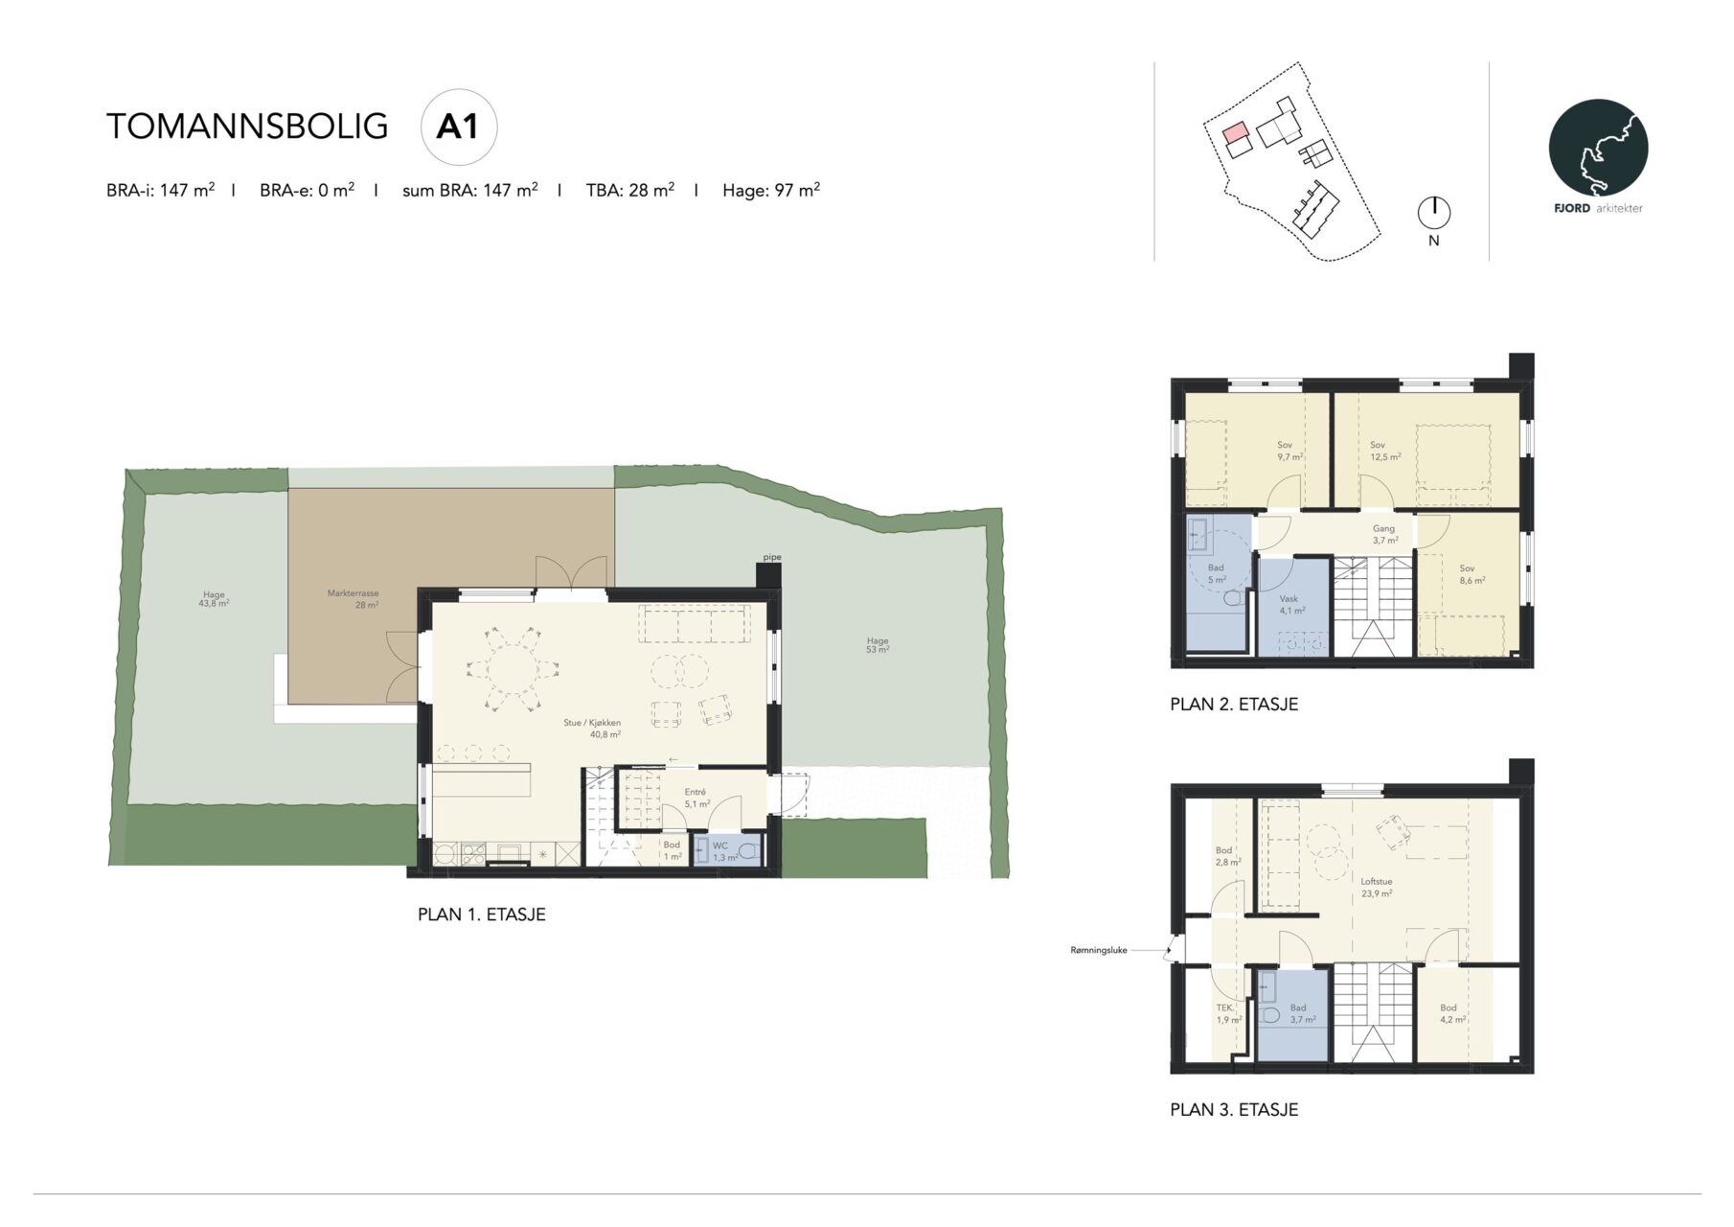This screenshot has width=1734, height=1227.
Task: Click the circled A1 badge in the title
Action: point(459,127)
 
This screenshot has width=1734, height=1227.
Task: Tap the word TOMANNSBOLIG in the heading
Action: point(247,127)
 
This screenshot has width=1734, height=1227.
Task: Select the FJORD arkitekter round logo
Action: point(1598,149)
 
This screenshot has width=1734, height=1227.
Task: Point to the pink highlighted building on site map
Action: point(1236,132)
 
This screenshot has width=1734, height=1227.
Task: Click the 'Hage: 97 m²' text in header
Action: point(771,190)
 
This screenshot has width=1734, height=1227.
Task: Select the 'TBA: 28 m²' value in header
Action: point(630,190)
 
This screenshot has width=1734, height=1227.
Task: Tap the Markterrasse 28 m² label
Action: point(354,599)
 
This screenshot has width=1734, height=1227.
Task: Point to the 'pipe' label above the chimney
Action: point(772,557)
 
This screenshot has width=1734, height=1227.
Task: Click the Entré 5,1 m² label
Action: point(696,798)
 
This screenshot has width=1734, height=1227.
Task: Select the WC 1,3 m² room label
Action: point(723,851)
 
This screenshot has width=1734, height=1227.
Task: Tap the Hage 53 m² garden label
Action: point(878,645)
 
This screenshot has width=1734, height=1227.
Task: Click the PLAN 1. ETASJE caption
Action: point(482,914)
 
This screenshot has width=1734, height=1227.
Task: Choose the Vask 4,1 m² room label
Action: point(1291,604)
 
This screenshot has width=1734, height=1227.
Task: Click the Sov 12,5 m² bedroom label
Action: point(1384,451)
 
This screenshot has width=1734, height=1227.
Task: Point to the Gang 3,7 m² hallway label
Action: point(1384,534)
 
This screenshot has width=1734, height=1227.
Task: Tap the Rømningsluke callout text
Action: point(1099,951)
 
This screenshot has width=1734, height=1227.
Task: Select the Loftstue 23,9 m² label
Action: point(1377,887)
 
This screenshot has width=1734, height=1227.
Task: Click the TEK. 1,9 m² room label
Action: point(1228,1014)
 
